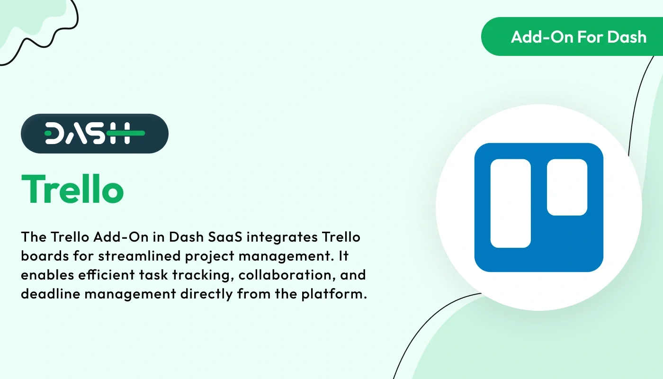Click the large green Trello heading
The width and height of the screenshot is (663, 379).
coord(72,189)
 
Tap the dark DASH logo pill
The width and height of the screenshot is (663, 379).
coord(95,134)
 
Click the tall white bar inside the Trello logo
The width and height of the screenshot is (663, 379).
coord(511,203)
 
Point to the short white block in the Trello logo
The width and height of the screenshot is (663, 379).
coord(567,187)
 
